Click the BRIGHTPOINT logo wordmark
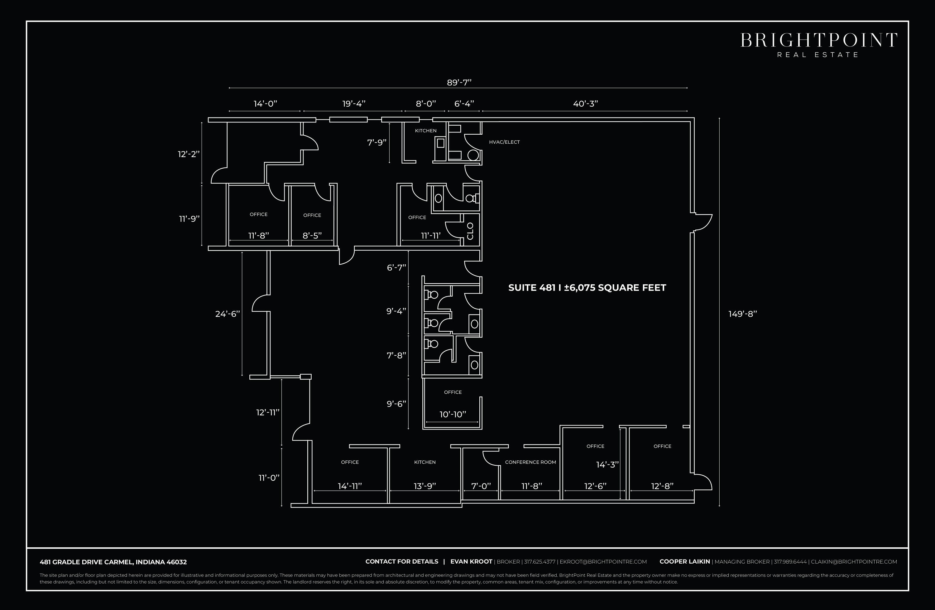[x=819, y=41]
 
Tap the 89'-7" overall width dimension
[x=459, y=83]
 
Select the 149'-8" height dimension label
[x=742, y=314]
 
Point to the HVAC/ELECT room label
[x=504, y=142]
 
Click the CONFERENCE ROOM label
[x=530, y=462]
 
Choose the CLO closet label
[x=470, y=231]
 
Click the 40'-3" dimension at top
[x=585, y=104]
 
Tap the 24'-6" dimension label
[x=228, y=314]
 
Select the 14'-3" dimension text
[x=607, y=465]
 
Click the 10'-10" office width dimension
[x=453, y=414]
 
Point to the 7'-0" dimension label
[x=481, y=486]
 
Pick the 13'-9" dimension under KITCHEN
[x=425, y=486]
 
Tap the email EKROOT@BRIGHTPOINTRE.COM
[x=603, y=562]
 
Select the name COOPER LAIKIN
[x=685, y=562]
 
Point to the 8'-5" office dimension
[x=312, y=235]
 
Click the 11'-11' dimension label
[x=431, y=236]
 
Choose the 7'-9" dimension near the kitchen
[x=377, y=142]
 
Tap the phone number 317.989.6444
[x=790, y=562]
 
